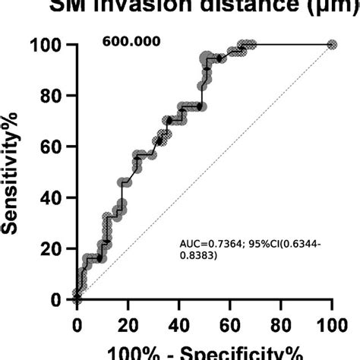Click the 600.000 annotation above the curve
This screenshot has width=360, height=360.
(131, 41)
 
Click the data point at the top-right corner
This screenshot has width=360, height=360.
(331, 45)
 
